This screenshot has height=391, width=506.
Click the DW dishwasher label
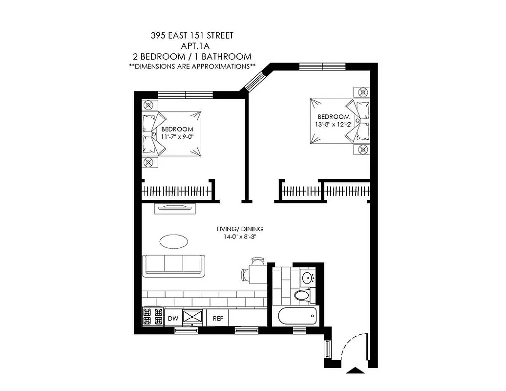tap(172, 318)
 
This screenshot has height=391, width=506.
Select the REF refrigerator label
tap(217, 318)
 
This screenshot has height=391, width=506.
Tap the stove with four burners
tap(152, 316)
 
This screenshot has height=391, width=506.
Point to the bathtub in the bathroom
tap(297, 316)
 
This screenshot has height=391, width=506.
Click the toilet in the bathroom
tap(303, 295)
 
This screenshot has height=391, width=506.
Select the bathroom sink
tap(308, 279)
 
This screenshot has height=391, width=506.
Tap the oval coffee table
tap(173, 241)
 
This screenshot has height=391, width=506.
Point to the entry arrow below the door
tap(355, 371)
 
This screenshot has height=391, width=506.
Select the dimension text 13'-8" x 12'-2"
tap(334, 124)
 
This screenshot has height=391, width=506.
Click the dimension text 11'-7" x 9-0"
tap(177, 136)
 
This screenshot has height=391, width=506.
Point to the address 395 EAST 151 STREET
tap(192, 36)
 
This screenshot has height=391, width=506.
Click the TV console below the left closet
tap(175, 209)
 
